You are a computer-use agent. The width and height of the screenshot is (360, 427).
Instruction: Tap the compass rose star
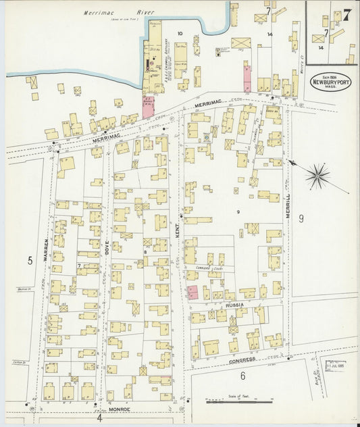tap(317, 176)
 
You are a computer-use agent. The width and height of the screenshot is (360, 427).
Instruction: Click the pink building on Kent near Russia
tap(192, 292)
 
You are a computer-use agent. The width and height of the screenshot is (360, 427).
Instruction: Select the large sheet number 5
tap(30, 259)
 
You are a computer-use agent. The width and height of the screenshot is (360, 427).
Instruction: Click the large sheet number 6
tap(242, 376)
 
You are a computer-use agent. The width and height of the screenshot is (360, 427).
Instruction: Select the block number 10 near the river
tap(180, 33)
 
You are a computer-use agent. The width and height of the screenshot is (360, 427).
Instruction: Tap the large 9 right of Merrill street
tap(302, 218)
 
